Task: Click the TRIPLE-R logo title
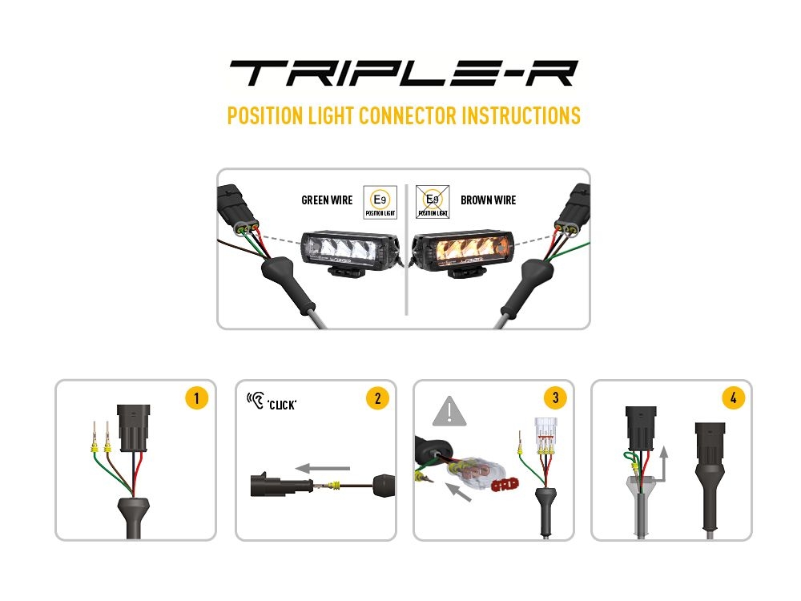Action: (404, 73)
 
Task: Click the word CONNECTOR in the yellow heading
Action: (407, 115)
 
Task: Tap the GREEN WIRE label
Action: (327, 200)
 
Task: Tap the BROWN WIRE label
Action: (489, 200)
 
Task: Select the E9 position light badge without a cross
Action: (380, 203)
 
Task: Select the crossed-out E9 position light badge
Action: (433, 203)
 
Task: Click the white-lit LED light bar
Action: (349, 250)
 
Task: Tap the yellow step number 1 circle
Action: (197, 398)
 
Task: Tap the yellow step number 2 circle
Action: (377, 398)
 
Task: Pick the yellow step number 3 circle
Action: (555, 397)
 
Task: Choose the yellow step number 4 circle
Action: (734, 397)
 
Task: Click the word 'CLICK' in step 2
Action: (282, 405)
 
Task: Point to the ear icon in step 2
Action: (256, 400)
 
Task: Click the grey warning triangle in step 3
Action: (449, 411)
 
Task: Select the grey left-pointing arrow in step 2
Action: (323, 468)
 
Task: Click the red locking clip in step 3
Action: (505, 484)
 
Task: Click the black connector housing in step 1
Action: (133, 429)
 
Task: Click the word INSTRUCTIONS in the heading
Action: (521, 115)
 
